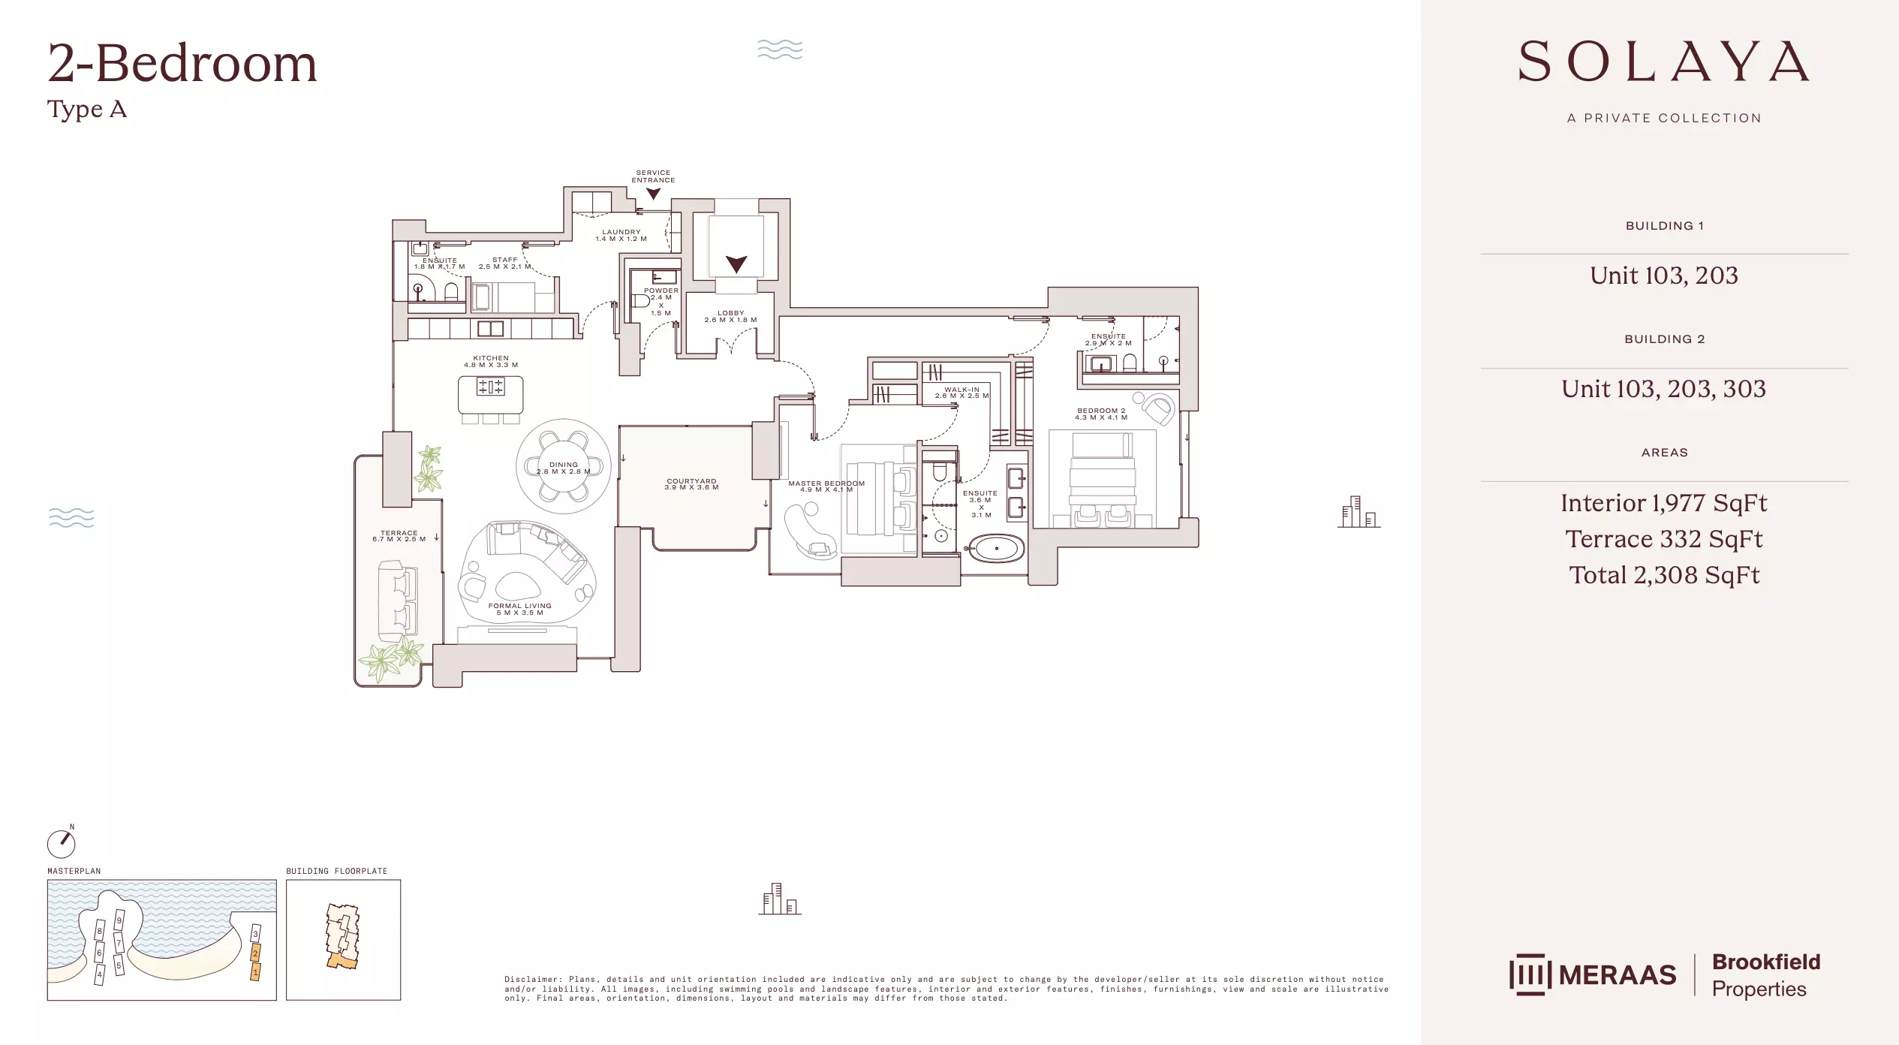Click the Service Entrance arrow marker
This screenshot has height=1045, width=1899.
pos(653,194)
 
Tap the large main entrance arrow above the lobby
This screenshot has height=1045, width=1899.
pos(736,264)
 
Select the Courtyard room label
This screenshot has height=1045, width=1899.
pos(691,481)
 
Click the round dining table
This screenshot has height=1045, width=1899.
pos(564,466)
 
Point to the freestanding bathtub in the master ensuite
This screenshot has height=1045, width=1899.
pos(996,549)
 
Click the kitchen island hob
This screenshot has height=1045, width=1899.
pos(491,387)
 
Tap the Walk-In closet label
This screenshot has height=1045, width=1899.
pos(962,390)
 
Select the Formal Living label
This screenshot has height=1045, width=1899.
pos(519,606)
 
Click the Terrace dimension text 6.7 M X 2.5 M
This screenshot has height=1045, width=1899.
pos(399,539)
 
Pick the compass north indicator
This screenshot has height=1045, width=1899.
pos(62,842)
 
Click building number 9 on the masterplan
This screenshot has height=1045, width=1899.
pos(119,921)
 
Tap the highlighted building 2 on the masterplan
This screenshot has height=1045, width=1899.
pos(255,953)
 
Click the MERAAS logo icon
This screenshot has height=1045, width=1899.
pos(1529,974)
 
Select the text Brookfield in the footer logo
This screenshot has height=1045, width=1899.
pos(1765,962)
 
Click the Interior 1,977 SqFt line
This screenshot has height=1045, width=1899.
pos(1663,503)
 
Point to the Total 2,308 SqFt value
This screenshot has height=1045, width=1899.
pos(1663,575)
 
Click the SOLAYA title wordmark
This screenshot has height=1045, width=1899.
pos(1663,62)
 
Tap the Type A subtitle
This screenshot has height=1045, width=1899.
pos(87,110)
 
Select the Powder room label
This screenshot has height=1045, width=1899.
pos(661,291)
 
